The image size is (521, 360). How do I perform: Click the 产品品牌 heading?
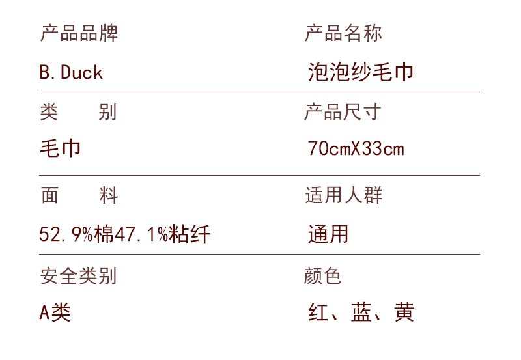tap(79, 33)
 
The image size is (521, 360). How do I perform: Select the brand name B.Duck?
tap(71, 72)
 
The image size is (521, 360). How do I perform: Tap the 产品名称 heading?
tap(343, 33)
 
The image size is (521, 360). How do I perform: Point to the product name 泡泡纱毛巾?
tap(361, 72)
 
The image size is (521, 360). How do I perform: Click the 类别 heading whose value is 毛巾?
tap(78, 112)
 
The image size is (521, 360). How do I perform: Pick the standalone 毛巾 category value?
tap(61, 148)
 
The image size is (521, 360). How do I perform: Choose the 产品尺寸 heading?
tap(343, 112)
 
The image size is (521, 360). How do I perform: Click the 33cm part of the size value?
tap(384, 149)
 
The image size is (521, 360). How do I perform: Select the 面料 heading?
tap(78, 195)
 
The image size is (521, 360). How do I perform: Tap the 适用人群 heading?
tap(343, 195)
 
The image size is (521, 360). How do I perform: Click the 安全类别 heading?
tap(78, 275)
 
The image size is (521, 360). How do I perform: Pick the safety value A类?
tap(55, 312)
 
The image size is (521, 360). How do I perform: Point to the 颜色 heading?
tap(323, 275)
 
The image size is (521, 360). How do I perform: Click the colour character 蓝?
tap(361, 312)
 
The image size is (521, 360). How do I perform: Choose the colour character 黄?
tap(404, 312)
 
